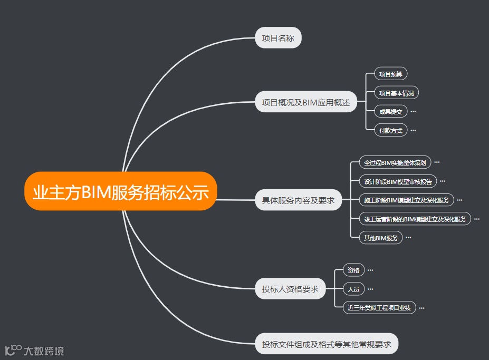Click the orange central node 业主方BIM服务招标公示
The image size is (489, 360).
click(121, 191)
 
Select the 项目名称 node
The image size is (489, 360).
click(278, 38)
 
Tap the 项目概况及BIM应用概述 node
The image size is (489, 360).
click(306, 102)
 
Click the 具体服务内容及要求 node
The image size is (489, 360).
click(299, 200)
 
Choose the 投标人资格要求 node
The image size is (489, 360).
click(290, 289)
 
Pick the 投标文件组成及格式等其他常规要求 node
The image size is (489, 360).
click(327, 344)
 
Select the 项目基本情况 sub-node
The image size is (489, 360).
click(396, 93)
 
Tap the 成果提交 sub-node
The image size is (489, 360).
click(390, 112)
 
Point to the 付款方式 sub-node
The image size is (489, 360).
click(390, 130)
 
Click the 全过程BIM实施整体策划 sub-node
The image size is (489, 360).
click(395, 162)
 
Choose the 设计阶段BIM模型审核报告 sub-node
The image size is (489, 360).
click(398, 182)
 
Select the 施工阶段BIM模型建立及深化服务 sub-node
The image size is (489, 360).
click(406, 200)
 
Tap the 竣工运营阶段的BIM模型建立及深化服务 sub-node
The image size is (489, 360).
click(415, 219)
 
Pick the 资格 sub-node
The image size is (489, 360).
click(353, 270)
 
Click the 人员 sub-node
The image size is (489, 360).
click(353, 289)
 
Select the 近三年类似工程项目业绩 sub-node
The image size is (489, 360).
click(379, 308)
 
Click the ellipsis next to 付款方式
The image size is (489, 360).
click(413, 130)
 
